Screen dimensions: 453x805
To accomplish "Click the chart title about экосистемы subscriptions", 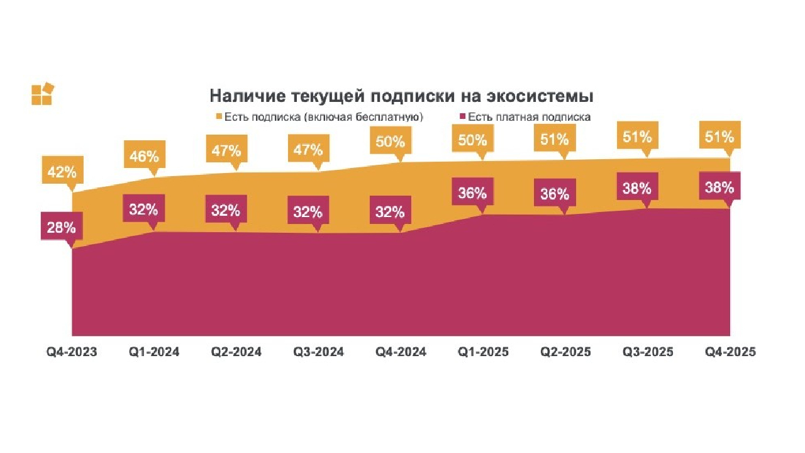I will [x=401, y=96].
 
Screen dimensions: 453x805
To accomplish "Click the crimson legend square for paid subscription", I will [x=462, y=117].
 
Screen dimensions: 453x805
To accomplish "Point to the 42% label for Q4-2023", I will [x=61, y=171].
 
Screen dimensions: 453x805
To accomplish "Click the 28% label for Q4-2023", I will [x=60, y=227].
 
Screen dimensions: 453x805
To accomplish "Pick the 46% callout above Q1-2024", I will [x=144, y=156].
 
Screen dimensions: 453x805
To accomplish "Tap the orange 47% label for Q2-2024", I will [x=226, y=151].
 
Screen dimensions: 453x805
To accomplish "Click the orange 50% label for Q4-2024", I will [x=390, y=142].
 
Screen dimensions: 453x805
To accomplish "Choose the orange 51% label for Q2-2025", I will [x=555, y=138].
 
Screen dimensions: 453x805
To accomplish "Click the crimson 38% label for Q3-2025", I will [x=636, y=187].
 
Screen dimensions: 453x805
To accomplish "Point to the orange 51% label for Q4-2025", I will [x=719, y=137].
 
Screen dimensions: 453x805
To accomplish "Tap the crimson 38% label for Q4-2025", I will [x=719, y=187].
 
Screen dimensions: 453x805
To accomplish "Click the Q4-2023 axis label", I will [x=72, y=352].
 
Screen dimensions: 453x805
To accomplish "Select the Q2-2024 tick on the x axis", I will [x=236, y=352].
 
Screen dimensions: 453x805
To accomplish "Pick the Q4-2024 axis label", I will [x=401, y=352].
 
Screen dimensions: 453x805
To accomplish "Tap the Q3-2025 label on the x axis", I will [x=648, y=352].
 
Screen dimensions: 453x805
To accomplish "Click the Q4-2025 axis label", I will [x=730, y=352].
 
